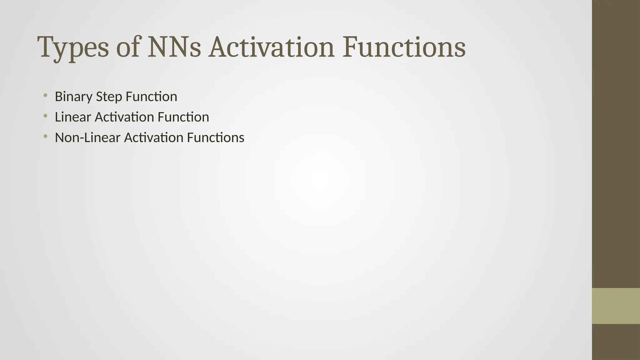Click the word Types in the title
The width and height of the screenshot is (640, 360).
[x=73, y=47]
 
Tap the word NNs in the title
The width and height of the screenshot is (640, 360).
[x=174, y=47]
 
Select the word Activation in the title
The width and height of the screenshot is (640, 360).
[x=271, y=47]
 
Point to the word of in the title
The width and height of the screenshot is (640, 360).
[x=127, y=47]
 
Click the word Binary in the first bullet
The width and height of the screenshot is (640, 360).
[x=73, y=97]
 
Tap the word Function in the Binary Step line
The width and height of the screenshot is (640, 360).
[x=151, y=97]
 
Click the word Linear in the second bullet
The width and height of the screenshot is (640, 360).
[x=73, y=117]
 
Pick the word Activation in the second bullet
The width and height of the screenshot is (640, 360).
[x=124, y=117]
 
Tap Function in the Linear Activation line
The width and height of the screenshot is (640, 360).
[x=183, y=117]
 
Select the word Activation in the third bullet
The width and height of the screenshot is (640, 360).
[x=153, y=138]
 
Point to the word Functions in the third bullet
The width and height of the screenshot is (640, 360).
[x=215, y=138]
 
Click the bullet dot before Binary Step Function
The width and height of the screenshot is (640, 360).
[x=46, y=95]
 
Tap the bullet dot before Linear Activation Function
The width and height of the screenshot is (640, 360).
[x=46, y=116]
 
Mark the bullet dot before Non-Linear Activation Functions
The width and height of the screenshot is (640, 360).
[x=46, y=137]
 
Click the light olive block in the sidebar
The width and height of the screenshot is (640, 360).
[x=616, y=306]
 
